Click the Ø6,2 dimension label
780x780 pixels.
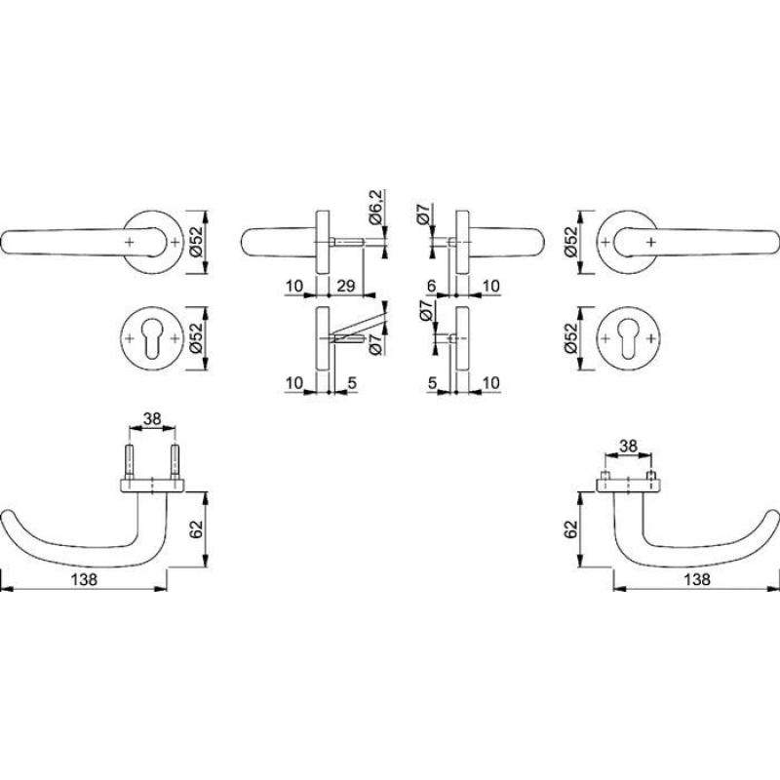(376, 208)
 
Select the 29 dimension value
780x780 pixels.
(346, 286)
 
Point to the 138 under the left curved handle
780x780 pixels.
(85, 579)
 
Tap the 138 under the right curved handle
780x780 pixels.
(697, 579)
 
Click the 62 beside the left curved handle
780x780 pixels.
(197, 529)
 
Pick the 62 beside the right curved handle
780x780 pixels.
(571, 529)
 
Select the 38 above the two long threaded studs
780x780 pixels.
(152, 419)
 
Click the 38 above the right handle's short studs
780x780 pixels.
(628, 447)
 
